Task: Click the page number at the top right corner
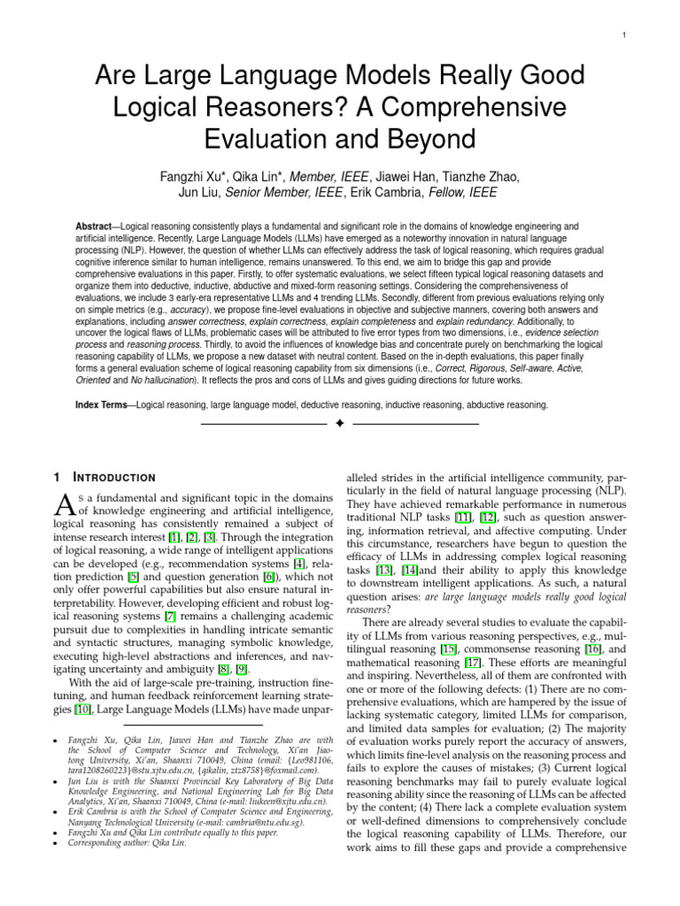pyautogui.click(x=625, y=35)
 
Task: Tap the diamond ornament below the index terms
pyautogui.click(x=339, y=425)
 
